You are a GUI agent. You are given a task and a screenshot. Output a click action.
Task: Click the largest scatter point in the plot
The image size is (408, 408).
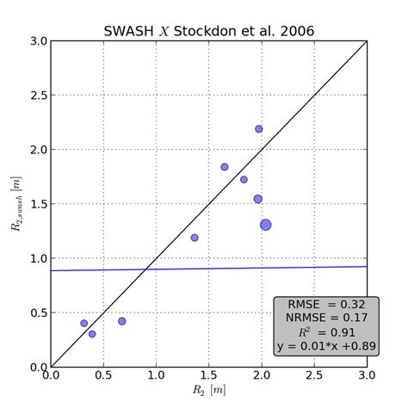pyautogui.click(x=266, y=225)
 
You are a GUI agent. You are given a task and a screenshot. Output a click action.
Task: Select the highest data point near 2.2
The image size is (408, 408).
pyautogui.click(x=258, y=129)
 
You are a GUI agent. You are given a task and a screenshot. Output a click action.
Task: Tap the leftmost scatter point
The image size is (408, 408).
pyautogui.click(x=83, y=324)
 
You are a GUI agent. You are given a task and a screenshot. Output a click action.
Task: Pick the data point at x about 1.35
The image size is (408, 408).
pyautogui.click(x=195, y=238)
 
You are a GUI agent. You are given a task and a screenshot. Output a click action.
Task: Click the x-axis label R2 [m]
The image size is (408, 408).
pyautogui.click(x=209, y=393)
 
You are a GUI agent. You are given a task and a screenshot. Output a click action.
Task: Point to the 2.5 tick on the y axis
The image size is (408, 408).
pyautogui.click(x=36, y=95)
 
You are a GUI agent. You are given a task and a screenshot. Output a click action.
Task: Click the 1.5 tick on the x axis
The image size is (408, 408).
pyautogui.click(x=209, y=377)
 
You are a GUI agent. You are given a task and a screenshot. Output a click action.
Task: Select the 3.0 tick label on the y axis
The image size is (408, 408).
pyautogui.click(x=36, y=40)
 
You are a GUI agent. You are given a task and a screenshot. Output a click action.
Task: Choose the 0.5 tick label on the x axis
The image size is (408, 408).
pyautogui.click(x=103, y=377)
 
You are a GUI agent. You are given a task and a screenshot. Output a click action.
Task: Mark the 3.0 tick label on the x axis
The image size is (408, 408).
pyautogui.click(x=367, y=377)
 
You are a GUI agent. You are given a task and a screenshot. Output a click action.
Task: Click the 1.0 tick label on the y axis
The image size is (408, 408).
pyautogui.click(x=36, y=258)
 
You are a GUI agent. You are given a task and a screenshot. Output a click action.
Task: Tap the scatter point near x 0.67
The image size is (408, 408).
pyautogui.click(x=122, y=321)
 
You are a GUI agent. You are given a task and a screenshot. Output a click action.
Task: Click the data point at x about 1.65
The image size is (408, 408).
pyautogui.click(x=225, y=167)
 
